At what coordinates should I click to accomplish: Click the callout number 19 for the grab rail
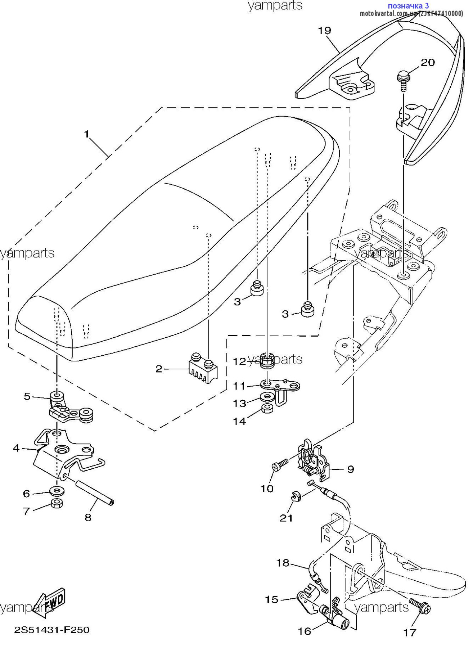(324, 31)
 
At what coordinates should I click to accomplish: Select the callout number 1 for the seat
(86, 134)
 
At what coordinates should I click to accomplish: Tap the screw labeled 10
(280, 464)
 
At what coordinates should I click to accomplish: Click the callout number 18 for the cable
(283, 562)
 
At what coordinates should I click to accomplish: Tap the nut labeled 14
(267, 408)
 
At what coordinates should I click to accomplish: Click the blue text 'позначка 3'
(408, 6)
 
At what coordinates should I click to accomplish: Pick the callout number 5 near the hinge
(27, 396)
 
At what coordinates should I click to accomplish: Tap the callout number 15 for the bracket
(272, 599)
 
